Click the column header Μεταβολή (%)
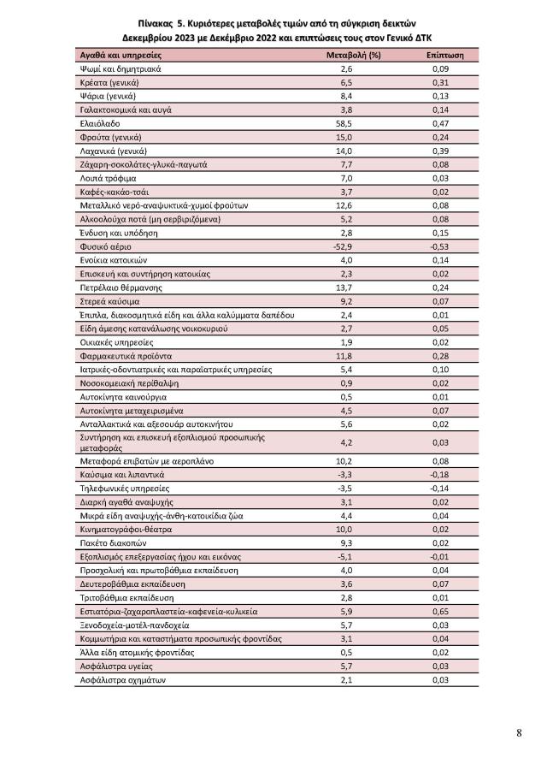347,53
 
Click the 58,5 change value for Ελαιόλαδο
347,122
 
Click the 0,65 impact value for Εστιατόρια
441,612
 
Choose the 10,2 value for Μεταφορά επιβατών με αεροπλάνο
347,460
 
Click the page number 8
519,732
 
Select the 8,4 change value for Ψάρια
347,95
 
